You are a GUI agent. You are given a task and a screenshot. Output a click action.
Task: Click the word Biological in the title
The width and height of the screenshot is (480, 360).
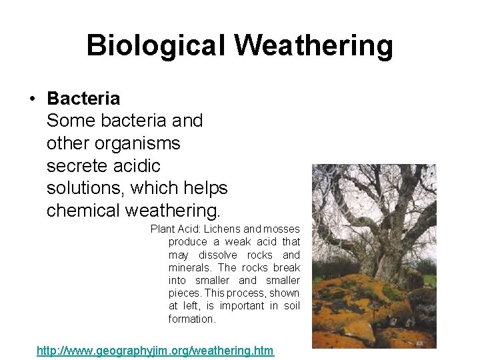pos(157,46)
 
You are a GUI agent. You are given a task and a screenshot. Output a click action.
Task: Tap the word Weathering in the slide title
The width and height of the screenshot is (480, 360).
pos(313,46)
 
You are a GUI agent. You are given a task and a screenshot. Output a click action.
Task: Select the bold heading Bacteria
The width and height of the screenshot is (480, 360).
pos(83,99)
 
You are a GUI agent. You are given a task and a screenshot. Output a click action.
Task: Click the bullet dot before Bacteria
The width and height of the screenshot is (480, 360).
pos(31,99)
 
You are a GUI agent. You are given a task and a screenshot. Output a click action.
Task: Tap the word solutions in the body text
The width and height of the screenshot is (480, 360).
pos(84,189)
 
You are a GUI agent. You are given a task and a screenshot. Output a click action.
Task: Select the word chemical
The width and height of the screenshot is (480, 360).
pos(83,211)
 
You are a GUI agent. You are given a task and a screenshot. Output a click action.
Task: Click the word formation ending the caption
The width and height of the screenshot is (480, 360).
pos(192,319)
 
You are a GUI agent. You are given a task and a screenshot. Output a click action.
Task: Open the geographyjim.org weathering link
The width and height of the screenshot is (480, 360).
pos(155,350)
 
